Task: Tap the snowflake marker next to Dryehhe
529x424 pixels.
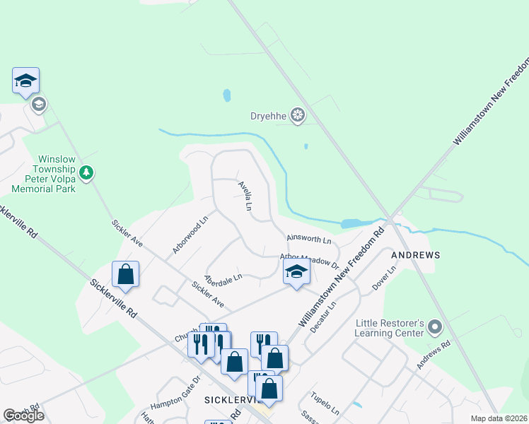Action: [x=298, y=115]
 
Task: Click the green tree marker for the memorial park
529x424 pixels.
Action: [x=86, y=172]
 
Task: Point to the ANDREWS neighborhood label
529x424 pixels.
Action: [x=417, y=254]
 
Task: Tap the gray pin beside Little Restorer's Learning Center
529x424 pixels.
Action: [x=435, y=327]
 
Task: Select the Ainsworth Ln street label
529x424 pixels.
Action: [x=308, y=240]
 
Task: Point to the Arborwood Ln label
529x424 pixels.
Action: [x=190, y=235]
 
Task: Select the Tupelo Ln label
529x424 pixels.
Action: [x=325, y=402]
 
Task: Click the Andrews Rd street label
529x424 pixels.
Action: [x=433, y=356]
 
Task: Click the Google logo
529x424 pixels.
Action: [x=23, y=416]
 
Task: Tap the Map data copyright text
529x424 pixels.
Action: [x=498, y=418]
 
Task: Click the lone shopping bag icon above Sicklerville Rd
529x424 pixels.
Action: [x=125, y=275]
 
